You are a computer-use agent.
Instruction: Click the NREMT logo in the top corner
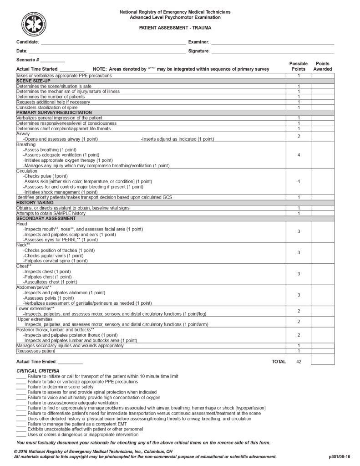coord(34,25)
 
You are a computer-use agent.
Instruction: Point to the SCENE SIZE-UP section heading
coord(34,81)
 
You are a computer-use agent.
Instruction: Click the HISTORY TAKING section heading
coord(35,203)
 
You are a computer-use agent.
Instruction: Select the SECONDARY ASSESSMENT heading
coord(46,219)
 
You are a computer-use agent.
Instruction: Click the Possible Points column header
coord(299,66)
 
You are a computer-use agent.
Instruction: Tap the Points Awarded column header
coord(322,66)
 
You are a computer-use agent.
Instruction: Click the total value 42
coord(299,362)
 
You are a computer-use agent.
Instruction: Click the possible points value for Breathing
coord(299,155)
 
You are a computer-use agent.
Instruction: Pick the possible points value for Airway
coord(299,136)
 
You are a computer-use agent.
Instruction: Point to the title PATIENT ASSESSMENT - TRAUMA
coord(175,28)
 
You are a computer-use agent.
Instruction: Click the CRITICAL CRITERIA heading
coord(38,371)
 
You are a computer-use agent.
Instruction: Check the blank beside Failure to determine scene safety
coord(21,387)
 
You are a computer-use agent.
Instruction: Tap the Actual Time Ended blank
coord(70,363)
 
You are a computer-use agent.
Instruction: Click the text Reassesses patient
coord(36,351)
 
